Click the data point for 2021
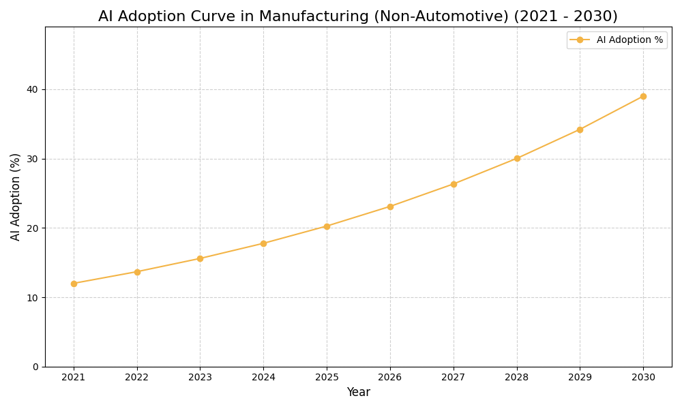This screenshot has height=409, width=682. [x=74, y=284]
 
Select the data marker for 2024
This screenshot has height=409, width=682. [x=263, y=243]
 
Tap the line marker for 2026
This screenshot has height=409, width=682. [x=390, y=207]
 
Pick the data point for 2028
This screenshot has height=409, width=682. [x=517, y=158]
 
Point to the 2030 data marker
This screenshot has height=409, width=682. [x=643, y=96]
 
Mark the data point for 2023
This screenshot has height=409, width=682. [x=200, y=258]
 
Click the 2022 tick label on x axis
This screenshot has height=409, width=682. [x=137, y=378]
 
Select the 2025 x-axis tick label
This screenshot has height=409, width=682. [x=327, y=378]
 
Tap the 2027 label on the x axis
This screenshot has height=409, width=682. [x=454, y=378]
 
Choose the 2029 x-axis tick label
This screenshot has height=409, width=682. [x=580, y=378]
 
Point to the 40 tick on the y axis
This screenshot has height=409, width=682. [x=32, y=89]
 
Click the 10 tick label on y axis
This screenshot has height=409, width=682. [x=32, y=298]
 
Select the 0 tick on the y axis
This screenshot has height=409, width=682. [x=35, y=367]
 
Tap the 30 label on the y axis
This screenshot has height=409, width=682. [x=32, y=159]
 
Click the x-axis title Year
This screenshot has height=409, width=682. [x=358, y=393]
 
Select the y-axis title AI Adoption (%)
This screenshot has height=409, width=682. [x=16, y=196]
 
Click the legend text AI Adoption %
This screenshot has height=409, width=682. [x=629, y=40]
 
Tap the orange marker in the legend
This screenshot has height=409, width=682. [x=580, y=40]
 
